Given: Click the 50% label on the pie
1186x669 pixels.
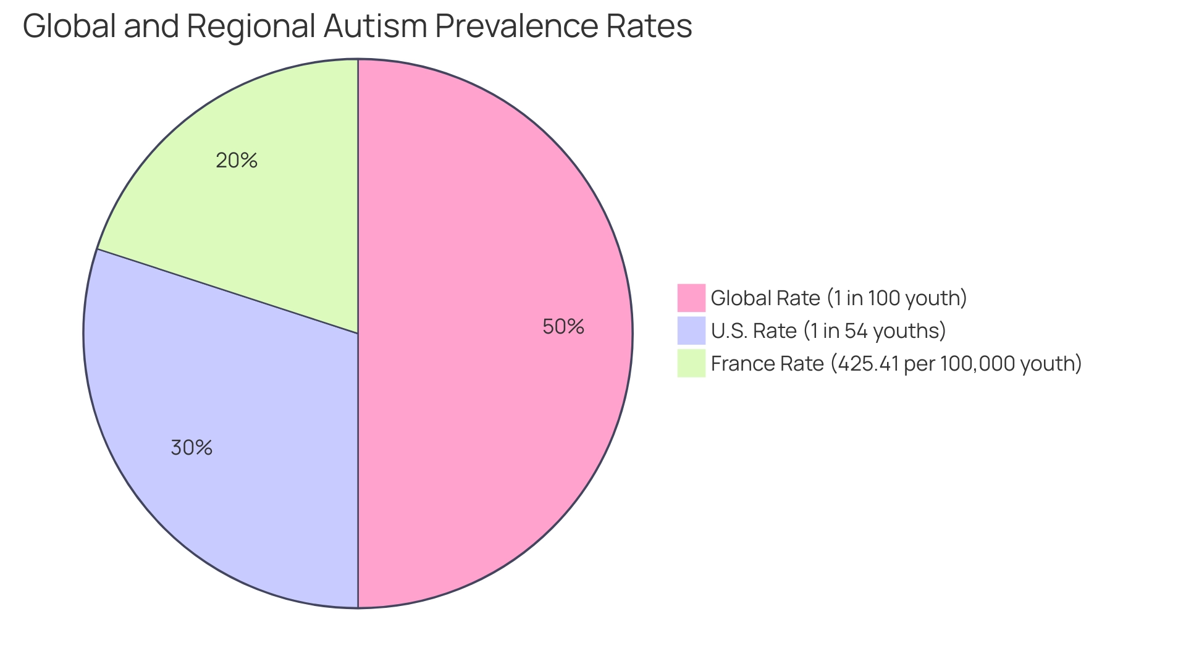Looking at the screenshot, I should pyautogui.click(x=563, y=327).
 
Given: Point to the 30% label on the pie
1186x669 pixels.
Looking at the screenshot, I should pyautogui.click(x=191, y=448).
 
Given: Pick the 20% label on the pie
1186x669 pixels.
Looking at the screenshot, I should pyautogui.click(x=237, y=161).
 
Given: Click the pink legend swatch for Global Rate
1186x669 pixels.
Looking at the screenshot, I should pyautogui.click(x=691, y=298).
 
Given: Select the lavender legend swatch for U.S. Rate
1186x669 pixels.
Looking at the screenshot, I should pyautogui.click(x=691, y=330).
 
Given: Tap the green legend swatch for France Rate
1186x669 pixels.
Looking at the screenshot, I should pyautogui.click(x=691, y=363).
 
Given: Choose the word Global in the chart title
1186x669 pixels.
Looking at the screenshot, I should pyautogui.click(x=69, y=26).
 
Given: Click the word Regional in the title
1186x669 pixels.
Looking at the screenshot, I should pyautogui.click(x=251, y=26).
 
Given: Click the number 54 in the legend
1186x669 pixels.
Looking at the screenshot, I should pyautogui.click(x=856, y=331).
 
